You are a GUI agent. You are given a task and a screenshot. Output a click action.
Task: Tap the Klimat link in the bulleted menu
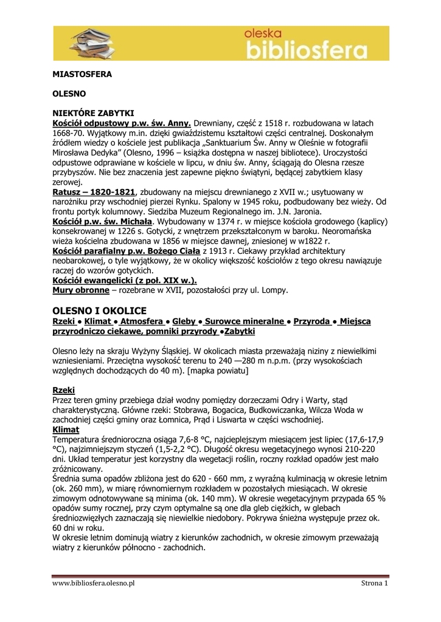coord(98,321)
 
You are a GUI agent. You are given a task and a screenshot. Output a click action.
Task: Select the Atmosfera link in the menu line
coord(142,321)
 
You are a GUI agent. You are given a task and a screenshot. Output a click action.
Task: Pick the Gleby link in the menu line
coord(184,321)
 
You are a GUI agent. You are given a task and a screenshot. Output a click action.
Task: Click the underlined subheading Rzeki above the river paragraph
coord(64,389)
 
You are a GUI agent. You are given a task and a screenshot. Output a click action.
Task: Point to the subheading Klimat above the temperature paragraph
coord(66,429)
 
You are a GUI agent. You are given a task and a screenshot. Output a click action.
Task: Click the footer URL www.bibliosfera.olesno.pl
coord(93,583)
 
